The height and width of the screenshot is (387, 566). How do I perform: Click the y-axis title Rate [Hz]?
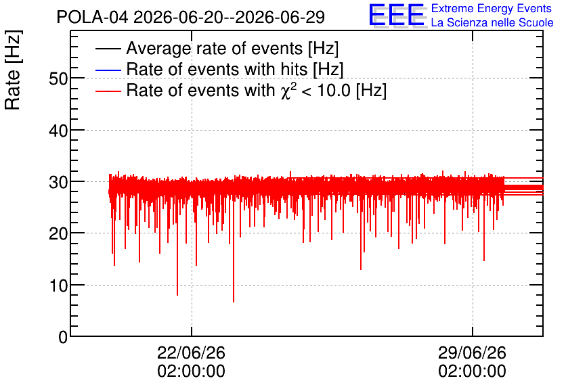(13, 70)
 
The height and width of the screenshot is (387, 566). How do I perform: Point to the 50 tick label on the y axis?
(58, 78)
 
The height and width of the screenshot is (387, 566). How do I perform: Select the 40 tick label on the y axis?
(58, 130)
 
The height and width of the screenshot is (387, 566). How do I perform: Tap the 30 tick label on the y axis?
(58, 182)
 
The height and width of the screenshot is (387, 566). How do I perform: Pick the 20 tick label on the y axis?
(58, 233)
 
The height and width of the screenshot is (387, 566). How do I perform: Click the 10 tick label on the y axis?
(58, 286)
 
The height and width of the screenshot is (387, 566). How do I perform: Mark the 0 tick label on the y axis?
(63, 337)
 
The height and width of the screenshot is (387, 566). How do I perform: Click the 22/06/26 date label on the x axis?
(192, 352)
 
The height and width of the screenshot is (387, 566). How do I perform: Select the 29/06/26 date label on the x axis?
(472, 352)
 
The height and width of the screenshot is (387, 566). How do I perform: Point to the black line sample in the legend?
(108, 49)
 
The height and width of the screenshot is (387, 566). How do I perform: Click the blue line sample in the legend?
(108, 70)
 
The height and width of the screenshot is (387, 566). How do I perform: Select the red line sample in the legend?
(108, 91)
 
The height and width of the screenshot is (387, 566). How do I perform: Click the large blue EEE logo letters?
(396, 15)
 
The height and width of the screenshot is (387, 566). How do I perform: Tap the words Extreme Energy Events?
(492, 8)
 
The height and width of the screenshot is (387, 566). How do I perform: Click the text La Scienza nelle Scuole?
(492, 23)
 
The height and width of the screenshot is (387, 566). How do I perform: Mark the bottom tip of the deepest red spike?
(234, 302)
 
